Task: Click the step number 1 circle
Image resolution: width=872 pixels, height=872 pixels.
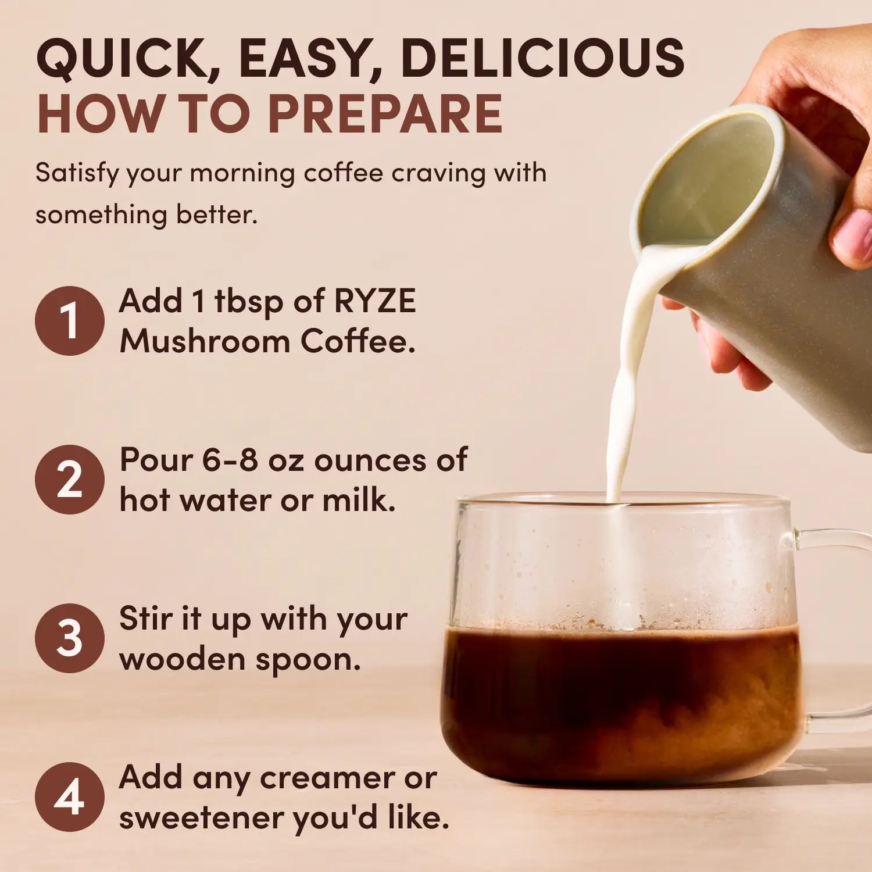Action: [x=69, y=321]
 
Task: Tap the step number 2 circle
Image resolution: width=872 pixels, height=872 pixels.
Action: [x=69, y=480]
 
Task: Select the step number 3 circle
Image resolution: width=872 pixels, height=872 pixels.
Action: [x=69, y=638]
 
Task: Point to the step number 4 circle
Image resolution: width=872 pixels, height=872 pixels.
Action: [x=69, y=797]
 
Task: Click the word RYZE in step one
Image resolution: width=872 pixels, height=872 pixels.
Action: [x=375, y=301]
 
